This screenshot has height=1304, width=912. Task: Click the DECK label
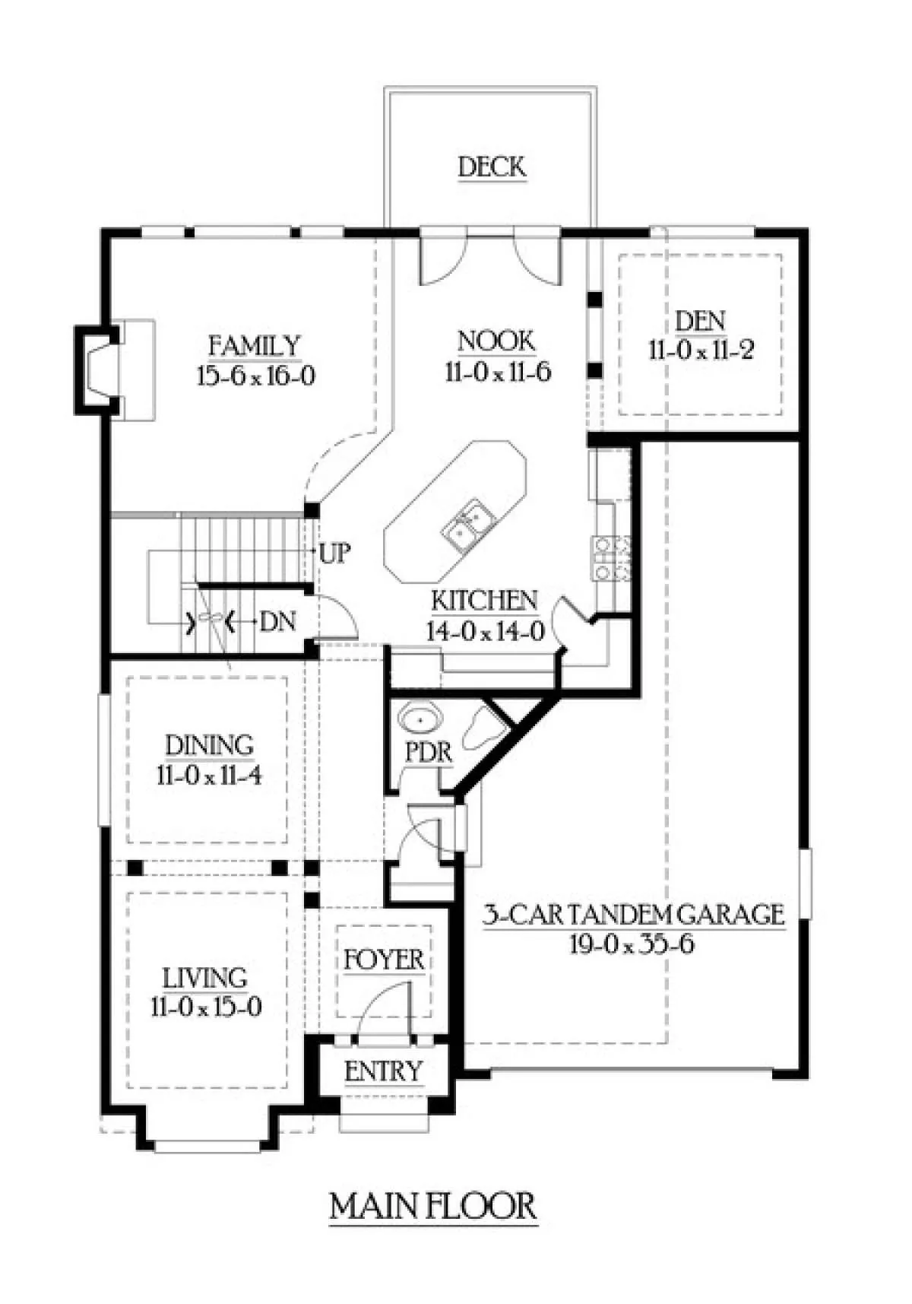click(492, 167)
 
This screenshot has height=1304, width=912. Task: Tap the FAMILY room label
click(255, 346)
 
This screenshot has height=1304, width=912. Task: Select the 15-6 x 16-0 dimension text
click(255, 376)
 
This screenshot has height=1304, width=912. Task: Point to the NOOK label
click(496, 341)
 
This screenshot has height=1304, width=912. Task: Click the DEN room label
click(700, 321)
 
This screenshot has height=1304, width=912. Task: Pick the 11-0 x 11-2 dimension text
click(701, 351)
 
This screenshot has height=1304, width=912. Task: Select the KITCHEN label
click(485, 601)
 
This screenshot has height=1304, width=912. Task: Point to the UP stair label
click(334, 553)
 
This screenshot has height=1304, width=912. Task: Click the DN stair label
click(277, 622)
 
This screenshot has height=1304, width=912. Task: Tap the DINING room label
click(209, 745)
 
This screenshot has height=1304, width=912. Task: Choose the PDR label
click(429, 753)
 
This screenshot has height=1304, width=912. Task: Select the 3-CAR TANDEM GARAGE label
click(634, 914)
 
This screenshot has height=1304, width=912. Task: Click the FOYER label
click(384, 960)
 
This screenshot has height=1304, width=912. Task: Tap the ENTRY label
click(383, 1071)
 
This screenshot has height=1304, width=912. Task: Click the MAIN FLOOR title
click(433, 1207)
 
